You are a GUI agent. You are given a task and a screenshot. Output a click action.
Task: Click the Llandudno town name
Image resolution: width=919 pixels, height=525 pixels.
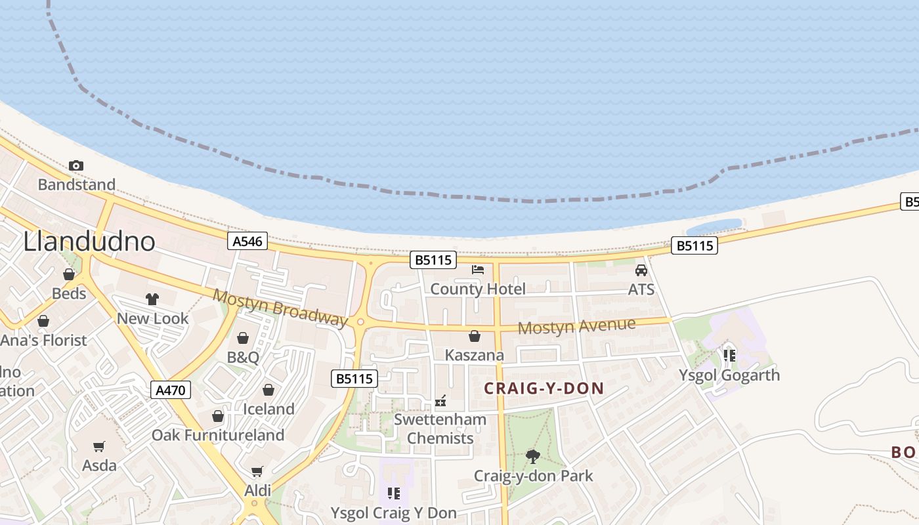tap(89, 241)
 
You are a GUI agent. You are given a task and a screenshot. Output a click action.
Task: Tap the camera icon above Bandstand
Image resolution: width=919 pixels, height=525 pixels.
tap(76, 165)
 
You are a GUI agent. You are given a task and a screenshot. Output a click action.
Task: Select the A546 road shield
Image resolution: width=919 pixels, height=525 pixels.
tap(247, 241)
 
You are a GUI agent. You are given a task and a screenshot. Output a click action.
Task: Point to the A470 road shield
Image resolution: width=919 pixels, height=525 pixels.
tap(171, 390)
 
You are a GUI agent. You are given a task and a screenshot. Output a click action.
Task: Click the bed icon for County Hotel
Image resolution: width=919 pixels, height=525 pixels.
tap(478, 270)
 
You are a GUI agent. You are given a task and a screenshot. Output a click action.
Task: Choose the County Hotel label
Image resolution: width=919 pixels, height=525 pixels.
tap(478, 289)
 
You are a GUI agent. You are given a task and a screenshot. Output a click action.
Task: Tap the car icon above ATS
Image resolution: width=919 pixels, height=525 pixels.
tap(641, 270)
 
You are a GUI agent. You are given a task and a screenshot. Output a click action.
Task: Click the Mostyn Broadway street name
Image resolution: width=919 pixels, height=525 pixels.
tap(280, 306)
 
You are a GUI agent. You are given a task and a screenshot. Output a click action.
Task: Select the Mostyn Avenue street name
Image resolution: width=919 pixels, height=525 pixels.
tap(576, 325)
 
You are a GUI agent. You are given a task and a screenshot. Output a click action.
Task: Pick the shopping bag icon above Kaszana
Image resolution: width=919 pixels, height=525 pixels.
tap(475, 337)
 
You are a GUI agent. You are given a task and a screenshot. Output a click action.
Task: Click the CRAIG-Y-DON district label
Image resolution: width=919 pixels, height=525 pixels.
tap(544, 388)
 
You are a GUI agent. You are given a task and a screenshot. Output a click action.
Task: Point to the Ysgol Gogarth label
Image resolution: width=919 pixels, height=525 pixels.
tap(729, 375)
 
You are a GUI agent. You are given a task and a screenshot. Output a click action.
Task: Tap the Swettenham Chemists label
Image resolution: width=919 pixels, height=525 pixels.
tap(440, 429)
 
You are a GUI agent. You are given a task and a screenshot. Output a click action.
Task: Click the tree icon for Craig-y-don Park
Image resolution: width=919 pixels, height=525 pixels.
tap(533, 456)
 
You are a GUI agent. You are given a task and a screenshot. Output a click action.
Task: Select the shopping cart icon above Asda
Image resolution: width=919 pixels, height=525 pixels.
tap(99, 447)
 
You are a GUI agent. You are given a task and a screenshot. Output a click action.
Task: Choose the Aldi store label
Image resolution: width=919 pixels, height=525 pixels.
tap(257, 490)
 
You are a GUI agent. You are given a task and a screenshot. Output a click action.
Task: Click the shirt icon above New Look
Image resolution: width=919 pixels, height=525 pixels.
tap(152, 299)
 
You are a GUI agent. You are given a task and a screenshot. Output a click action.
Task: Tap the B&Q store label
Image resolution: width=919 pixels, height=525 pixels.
tap(243, 358)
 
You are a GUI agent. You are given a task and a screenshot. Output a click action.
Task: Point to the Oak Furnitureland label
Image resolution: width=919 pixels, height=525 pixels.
tap(218, 435)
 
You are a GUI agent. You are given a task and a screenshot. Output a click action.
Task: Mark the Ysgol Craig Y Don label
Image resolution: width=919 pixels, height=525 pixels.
tap(393, 513)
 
